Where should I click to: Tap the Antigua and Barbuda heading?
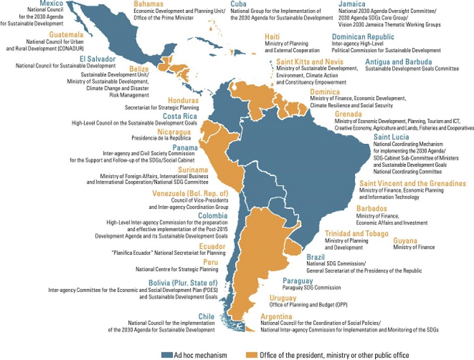click(398, 62)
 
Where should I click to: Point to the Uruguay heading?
click(283, 297)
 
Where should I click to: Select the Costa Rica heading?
click(179, 115)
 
